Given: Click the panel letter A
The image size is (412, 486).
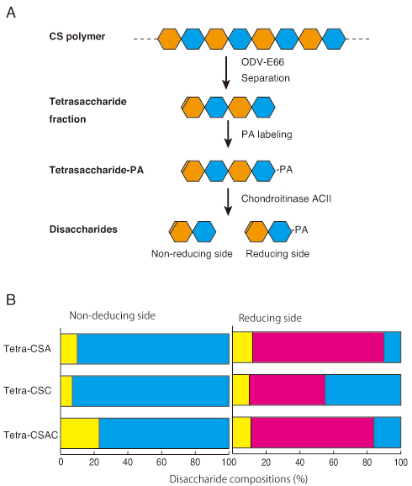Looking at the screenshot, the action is [x=11, y=13].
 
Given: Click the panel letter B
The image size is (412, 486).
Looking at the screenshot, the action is [x=11, y=299].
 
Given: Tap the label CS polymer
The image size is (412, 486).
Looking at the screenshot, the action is [x=77, y=36].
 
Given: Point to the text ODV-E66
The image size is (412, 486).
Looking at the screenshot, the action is [x=262, y=62].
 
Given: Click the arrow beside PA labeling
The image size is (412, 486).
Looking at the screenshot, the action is [x=228, y=134].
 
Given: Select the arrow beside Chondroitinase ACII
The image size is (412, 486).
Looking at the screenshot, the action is [x=228, y=202].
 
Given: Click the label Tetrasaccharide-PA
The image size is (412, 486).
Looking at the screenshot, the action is [x=97, y=170].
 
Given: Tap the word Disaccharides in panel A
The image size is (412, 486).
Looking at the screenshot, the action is [x=83, y=230].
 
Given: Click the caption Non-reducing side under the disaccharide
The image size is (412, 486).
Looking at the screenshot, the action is [x=192, y=254].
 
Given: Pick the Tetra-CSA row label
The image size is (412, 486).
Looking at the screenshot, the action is [x=27, y=349].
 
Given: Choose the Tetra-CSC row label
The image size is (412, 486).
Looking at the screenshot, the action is [x=27, y=390].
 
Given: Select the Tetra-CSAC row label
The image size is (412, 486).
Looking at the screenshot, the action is [x=31, y=436].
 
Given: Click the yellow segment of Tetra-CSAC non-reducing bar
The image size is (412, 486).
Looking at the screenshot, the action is [x=80, y=433].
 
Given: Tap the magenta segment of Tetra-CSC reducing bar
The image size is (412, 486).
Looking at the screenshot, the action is [x=287, y=390].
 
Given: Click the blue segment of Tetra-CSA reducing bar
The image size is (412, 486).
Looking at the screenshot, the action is [x=392, y=347].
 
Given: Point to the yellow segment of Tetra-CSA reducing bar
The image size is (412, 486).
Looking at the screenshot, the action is [x=243, y=347].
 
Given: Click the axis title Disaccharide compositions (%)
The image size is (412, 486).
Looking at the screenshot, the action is [x=239, y=479].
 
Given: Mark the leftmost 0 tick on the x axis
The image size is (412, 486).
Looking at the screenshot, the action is [x=61, y=462].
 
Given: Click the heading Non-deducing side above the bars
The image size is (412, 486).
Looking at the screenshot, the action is [x=112, y=315].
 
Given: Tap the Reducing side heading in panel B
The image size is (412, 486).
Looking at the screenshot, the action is [x=270, y=318].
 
